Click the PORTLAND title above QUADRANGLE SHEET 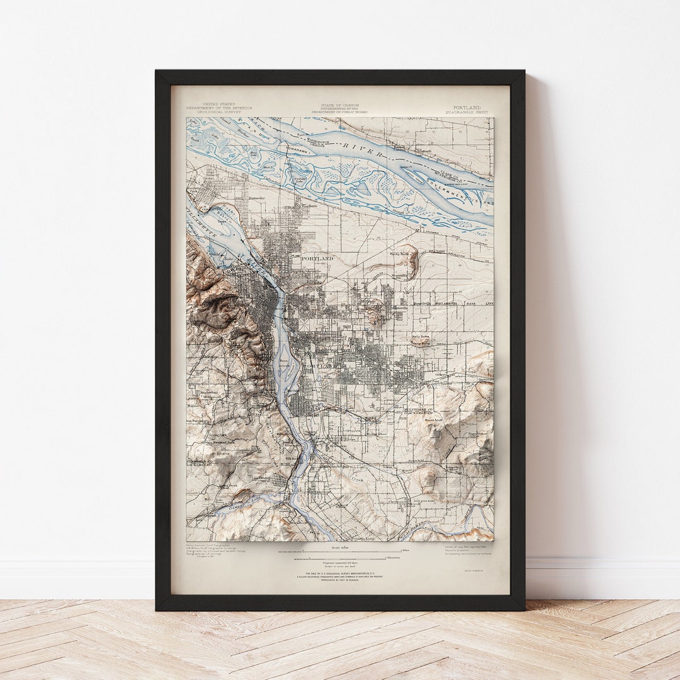coord(467,108)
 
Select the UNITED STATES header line coord(218,104)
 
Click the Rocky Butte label coord(399,254)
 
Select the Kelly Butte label coord(420,337)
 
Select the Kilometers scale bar coord(340,557)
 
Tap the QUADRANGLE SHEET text coord(467,112)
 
